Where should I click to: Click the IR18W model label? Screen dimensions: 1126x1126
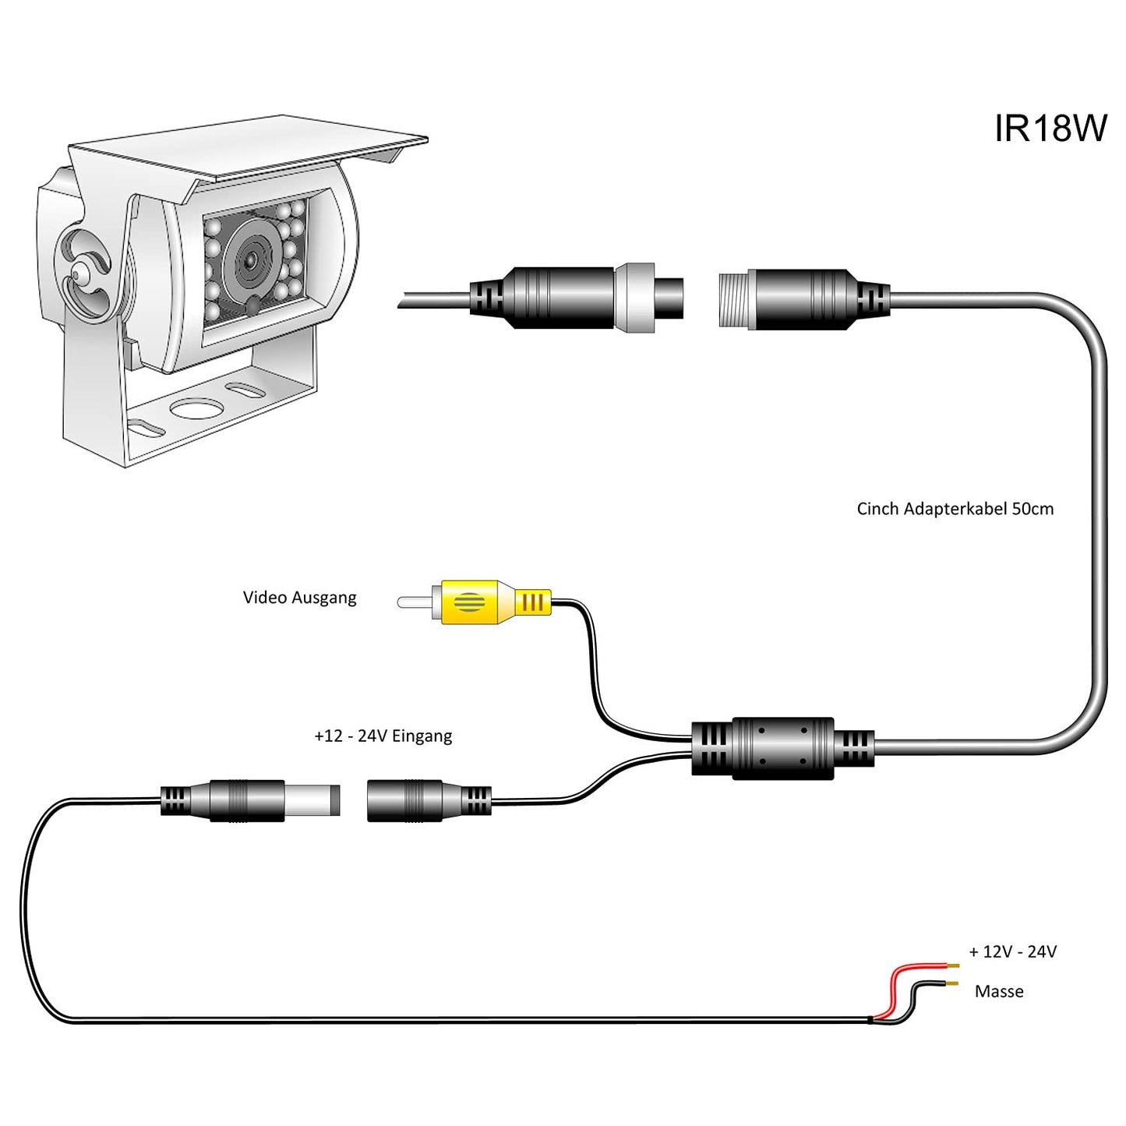(1050, 129)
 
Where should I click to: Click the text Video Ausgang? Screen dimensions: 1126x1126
(299, 598)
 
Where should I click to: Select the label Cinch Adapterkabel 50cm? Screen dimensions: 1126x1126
(955, 509)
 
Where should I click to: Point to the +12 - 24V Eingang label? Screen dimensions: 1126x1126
(383, 736)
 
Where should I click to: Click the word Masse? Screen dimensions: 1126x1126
(998, 991)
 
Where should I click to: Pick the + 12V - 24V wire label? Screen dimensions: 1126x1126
(1012, 951)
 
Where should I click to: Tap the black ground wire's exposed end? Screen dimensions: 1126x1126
(952, 985)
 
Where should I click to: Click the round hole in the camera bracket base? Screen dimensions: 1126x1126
(196, 408)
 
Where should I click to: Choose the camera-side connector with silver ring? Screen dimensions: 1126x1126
(577, 298)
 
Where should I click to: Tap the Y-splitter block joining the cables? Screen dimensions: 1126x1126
(782, 747)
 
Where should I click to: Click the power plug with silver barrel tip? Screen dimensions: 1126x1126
(249, 800)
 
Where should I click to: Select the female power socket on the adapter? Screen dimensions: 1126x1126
(427, 800)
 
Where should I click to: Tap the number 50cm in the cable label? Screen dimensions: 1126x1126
(1032, 509)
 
